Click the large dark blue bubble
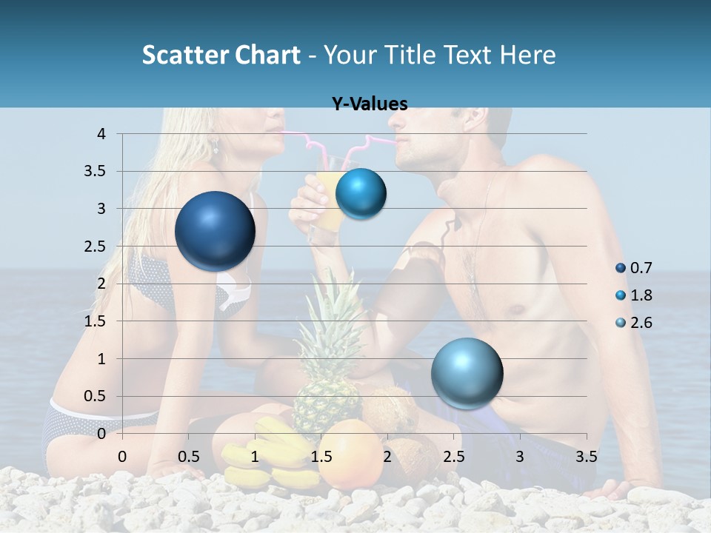215,231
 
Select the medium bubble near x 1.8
361,194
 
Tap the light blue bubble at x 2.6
467,373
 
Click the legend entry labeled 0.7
641,268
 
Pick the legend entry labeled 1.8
641,295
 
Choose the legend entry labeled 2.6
641,323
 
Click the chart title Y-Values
370,104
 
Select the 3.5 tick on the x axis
586,457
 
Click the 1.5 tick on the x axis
321,457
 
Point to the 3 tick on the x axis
520,457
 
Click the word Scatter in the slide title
181,55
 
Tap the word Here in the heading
527,55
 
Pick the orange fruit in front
351,453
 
